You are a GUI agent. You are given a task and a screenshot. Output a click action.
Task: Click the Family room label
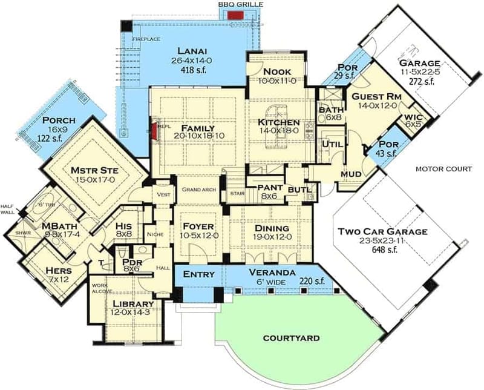click(195, 128)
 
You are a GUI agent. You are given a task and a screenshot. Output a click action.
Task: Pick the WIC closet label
click(413, 116)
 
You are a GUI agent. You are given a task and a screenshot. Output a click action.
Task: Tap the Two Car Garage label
click(382, 231)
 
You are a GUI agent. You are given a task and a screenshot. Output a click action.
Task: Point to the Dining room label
click(269, 228)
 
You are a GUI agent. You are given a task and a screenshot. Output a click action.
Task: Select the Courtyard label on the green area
click(290, 338)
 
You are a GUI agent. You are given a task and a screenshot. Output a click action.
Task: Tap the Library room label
click(131, 303)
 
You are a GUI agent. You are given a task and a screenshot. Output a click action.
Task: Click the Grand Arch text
click(199, 190)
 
